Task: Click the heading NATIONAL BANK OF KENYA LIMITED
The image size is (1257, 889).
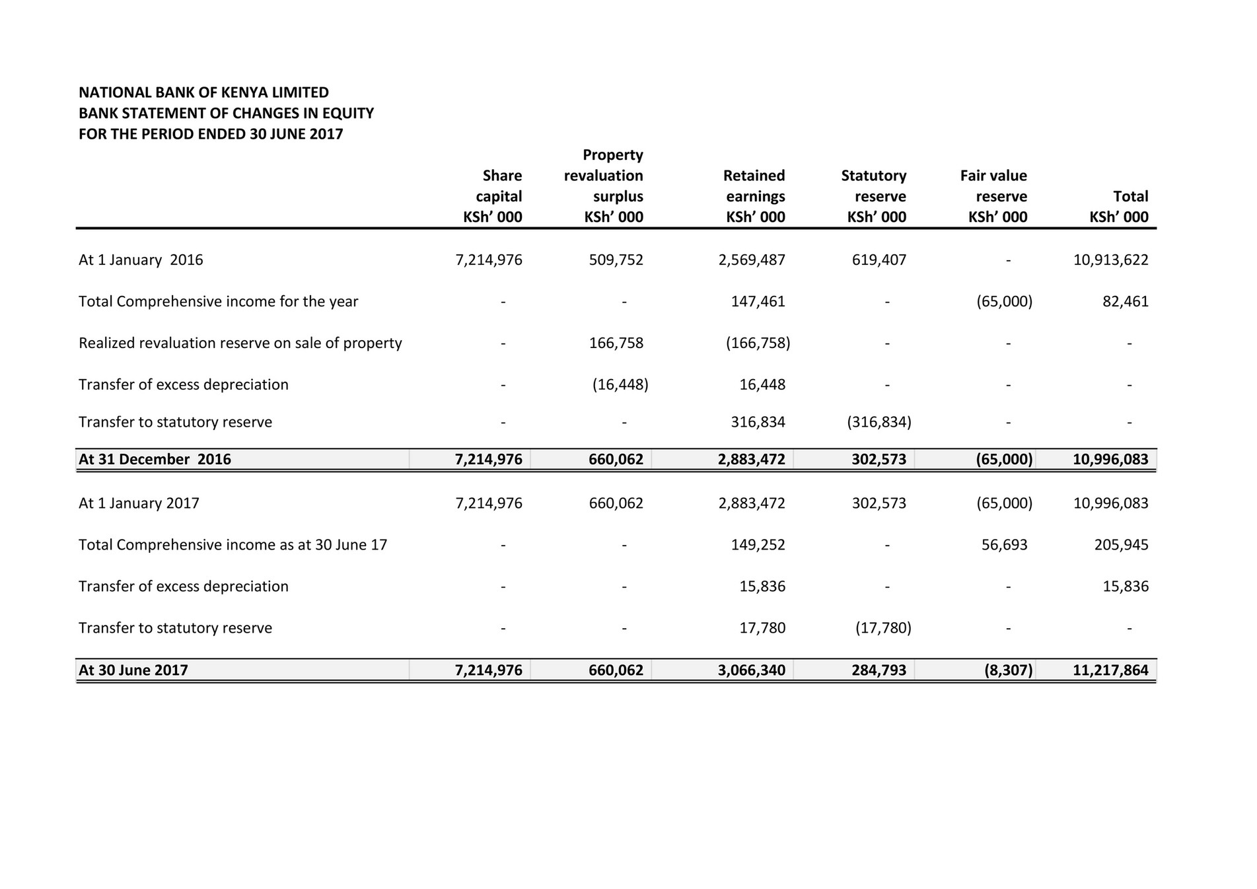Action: click(x=203, y=92)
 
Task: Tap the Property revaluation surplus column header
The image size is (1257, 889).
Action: click(x=604, y=186)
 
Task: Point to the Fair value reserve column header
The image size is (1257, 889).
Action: click(x=994, y=196)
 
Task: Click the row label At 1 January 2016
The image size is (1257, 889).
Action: click(x=141, y=260)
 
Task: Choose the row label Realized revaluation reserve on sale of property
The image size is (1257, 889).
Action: click(x=240, y=343)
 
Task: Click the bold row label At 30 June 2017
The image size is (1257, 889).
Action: click(x=133, y=670)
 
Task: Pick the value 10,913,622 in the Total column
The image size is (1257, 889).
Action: click(x=1110, y=260)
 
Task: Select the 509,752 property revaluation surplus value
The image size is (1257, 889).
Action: click(x=616, y=260)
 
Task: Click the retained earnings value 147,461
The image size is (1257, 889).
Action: click(x=758, y=301)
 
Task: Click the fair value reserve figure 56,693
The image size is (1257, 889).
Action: click(x=1004, y=544)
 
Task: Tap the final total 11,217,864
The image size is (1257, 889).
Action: click(x=1110, y=670)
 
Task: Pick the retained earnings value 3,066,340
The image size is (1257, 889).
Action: click(x=752, y=670)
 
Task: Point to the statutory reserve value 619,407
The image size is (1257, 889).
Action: click(x=879, y=260)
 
